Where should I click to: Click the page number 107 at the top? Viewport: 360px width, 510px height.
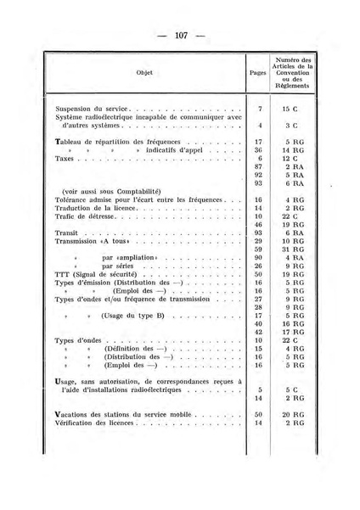[x=180, y=35]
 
